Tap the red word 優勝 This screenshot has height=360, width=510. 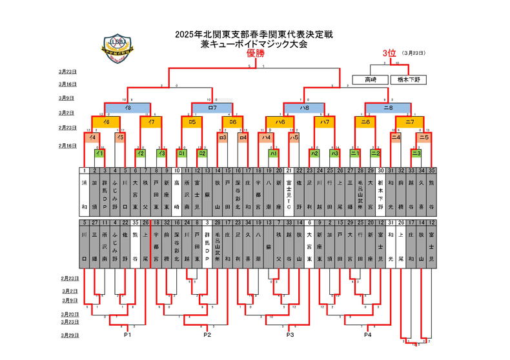256,54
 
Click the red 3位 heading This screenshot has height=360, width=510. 389,53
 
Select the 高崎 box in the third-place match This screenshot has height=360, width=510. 370,79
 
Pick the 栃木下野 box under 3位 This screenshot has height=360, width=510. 409,79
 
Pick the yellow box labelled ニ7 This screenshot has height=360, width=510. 409,121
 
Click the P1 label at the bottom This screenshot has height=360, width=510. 128,335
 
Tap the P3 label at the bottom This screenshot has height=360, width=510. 290,335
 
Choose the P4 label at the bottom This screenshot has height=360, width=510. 367,335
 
